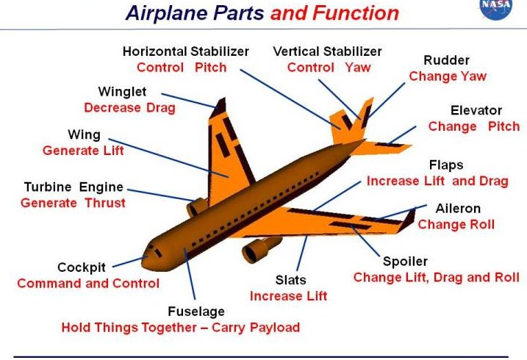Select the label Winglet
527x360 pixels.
tap(122, 92)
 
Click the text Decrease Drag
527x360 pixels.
tap(129, 107)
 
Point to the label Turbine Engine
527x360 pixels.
tap(74, 187)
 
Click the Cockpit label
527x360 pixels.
tap(85, 267)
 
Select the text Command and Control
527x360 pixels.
tap(88, 284)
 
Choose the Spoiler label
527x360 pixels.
tap(405, 262)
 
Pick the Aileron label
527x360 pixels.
tap(458, 209)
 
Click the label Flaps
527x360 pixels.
tap(446, 165)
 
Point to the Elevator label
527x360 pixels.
tap(476, 111)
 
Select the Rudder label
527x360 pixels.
tap(446, 60)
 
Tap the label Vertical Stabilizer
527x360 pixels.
tap(327, 51)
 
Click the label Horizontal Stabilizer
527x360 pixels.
tap(186, 51)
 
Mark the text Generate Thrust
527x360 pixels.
tap(73, 203)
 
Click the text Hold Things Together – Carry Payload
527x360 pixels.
tap(181, 328)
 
